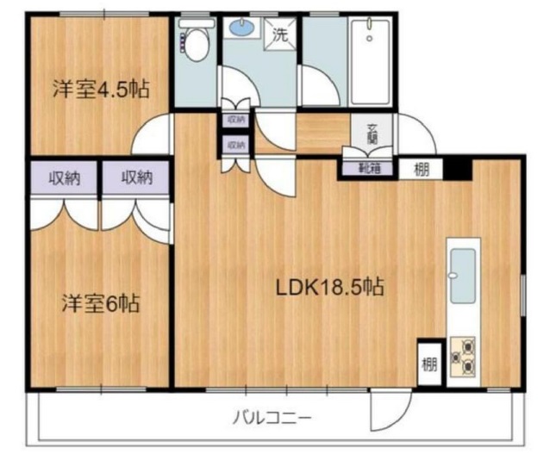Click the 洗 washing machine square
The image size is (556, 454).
[280, 35]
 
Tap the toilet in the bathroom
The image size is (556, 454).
[196, 40]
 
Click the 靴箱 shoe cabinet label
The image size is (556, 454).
[371, 167]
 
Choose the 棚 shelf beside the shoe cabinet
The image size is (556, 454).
[421, 169]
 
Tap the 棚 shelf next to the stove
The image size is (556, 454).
[428, 362]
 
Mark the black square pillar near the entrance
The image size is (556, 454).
[459, 167]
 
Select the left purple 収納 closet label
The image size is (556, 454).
[64, 179]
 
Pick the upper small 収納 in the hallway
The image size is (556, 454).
[236, 120]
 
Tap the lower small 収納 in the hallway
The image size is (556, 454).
[236, 146]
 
